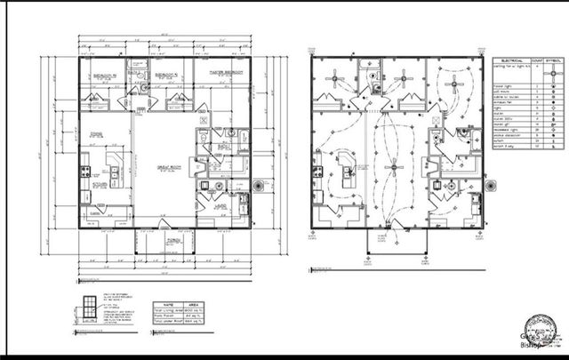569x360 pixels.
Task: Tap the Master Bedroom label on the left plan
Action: pos(226,72)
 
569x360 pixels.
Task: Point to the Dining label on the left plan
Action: pos(98,135)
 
